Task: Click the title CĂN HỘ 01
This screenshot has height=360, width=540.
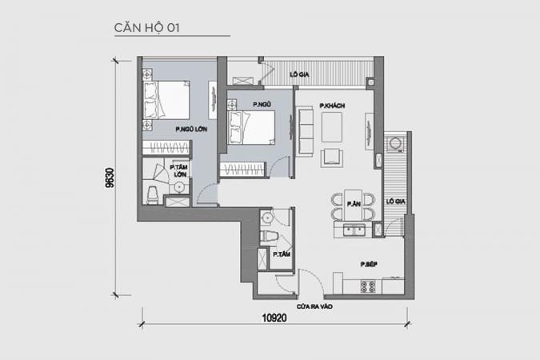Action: click(146, 27)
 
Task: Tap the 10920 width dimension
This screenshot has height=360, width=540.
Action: click(274, 318)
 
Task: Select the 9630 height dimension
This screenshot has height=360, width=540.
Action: click(110, 178)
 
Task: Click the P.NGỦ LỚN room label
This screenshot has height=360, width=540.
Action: click(191, 129)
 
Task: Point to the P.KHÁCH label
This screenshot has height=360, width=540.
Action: click(332, 106)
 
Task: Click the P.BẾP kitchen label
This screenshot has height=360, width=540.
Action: click(369, 264)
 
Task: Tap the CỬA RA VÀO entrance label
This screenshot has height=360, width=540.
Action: click(314, 306)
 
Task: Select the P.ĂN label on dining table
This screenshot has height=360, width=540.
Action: click(354, 204)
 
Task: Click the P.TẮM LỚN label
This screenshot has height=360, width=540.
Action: click(179, 171)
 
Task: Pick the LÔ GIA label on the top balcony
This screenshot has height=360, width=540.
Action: click(299, 74)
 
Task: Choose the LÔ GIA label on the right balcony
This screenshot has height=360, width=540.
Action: click(395, 201)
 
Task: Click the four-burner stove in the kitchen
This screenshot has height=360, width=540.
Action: click(368, 286)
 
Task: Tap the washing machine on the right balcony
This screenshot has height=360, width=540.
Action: click(394, 144)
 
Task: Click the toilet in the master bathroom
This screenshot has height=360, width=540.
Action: click(153, 195)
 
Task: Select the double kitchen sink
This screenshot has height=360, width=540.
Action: click(354, 230)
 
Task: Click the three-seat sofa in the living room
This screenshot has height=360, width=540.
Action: click(305, 131)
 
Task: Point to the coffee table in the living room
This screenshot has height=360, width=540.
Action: click(332, 127)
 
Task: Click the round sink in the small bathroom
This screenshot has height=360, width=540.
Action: click(266, 218)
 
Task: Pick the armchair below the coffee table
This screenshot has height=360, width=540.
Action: click(332, 158)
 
